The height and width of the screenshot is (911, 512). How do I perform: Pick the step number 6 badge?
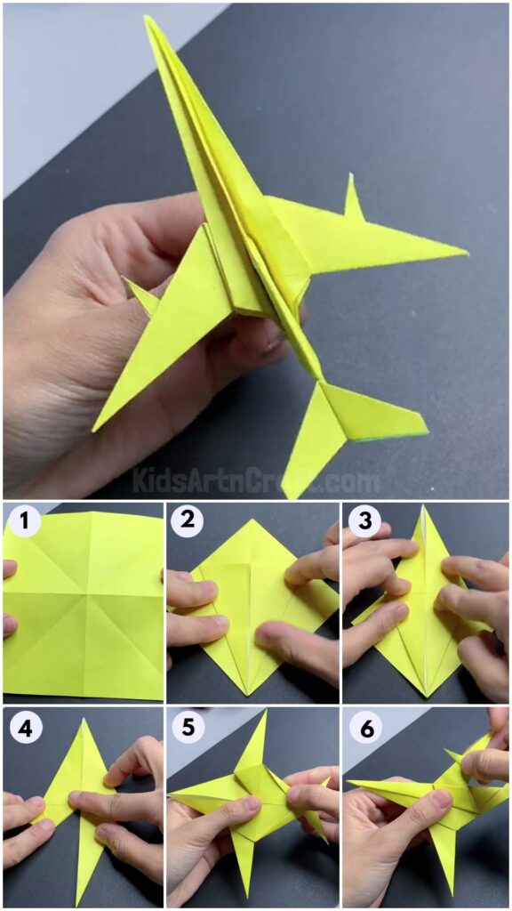(x=364, y=729)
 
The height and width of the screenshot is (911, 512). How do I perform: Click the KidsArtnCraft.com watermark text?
(x=256, y=481)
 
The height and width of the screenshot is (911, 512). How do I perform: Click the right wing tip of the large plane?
(x=465, y=253)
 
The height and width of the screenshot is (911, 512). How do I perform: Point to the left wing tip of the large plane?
(x=95, y=428)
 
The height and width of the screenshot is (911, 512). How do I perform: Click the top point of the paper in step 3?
(x=422, y=508)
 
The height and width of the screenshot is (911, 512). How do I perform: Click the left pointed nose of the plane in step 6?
(x=348, y=783)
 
